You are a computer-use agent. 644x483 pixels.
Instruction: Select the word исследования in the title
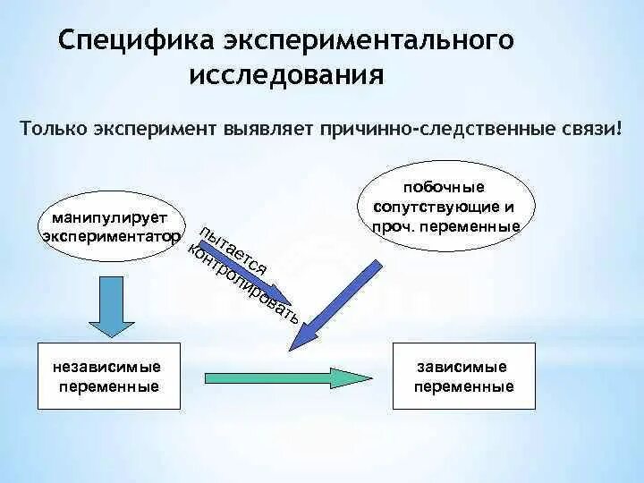coord(286,74)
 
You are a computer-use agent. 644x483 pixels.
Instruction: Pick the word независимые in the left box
coord(107,368)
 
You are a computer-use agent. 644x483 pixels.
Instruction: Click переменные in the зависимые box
coord(463,387)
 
